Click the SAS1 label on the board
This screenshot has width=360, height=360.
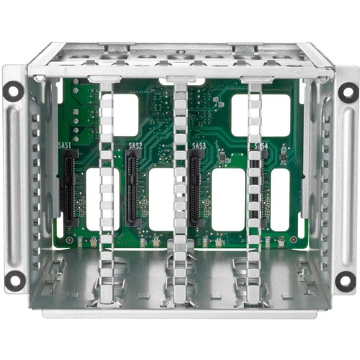[x=66, y=146]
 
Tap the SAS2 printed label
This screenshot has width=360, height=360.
[x=135, y=146]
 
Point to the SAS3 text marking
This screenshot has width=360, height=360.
[x=199, y=146]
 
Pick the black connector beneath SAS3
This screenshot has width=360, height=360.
[x=194, y=191]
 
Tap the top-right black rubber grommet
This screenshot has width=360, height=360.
[x=347, y=91]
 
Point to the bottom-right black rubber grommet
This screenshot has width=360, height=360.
[x=347, y=279]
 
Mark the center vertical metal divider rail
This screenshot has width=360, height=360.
[x=180, y=187]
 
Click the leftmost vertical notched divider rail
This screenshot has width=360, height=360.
[x=107, y=187]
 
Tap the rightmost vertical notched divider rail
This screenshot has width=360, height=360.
[x=253, y=187]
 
